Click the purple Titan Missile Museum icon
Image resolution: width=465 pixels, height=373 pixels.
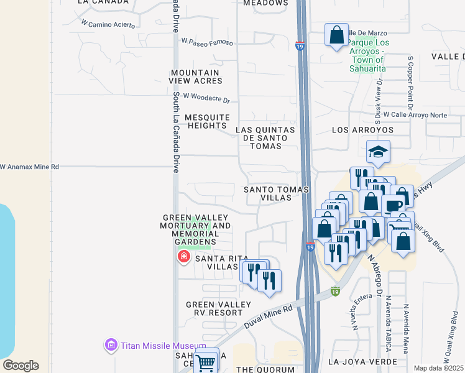tap(111, 344)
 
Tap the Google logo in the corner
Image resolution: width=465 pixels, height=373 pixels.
tap(21, 366)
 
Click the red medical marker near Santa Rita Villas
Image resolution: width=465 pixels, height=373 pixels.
tap(183, 256)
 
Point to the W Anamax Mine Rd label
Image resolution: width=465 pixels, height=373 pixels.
tap(29, 167)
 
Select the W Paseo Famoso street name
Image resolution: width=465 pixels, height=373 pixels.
tap(207, 42)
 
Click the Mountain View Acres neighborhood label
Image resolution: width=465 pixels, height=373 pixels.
tap(196, 76)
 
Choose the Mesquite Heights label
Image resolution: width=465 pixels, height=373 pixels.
tap(199, 121)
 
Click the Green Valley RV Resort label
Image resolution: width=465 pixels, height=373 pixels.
tap(219, 308)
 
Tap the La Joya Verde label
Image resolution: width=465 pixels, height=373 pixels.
tap(362, 361)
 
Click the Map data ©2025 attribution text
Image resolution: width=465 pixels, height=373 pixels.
tap(439, 368)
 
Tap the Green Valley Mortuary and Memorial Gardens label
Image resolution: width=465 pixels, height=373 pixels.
tap(196, 229)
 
